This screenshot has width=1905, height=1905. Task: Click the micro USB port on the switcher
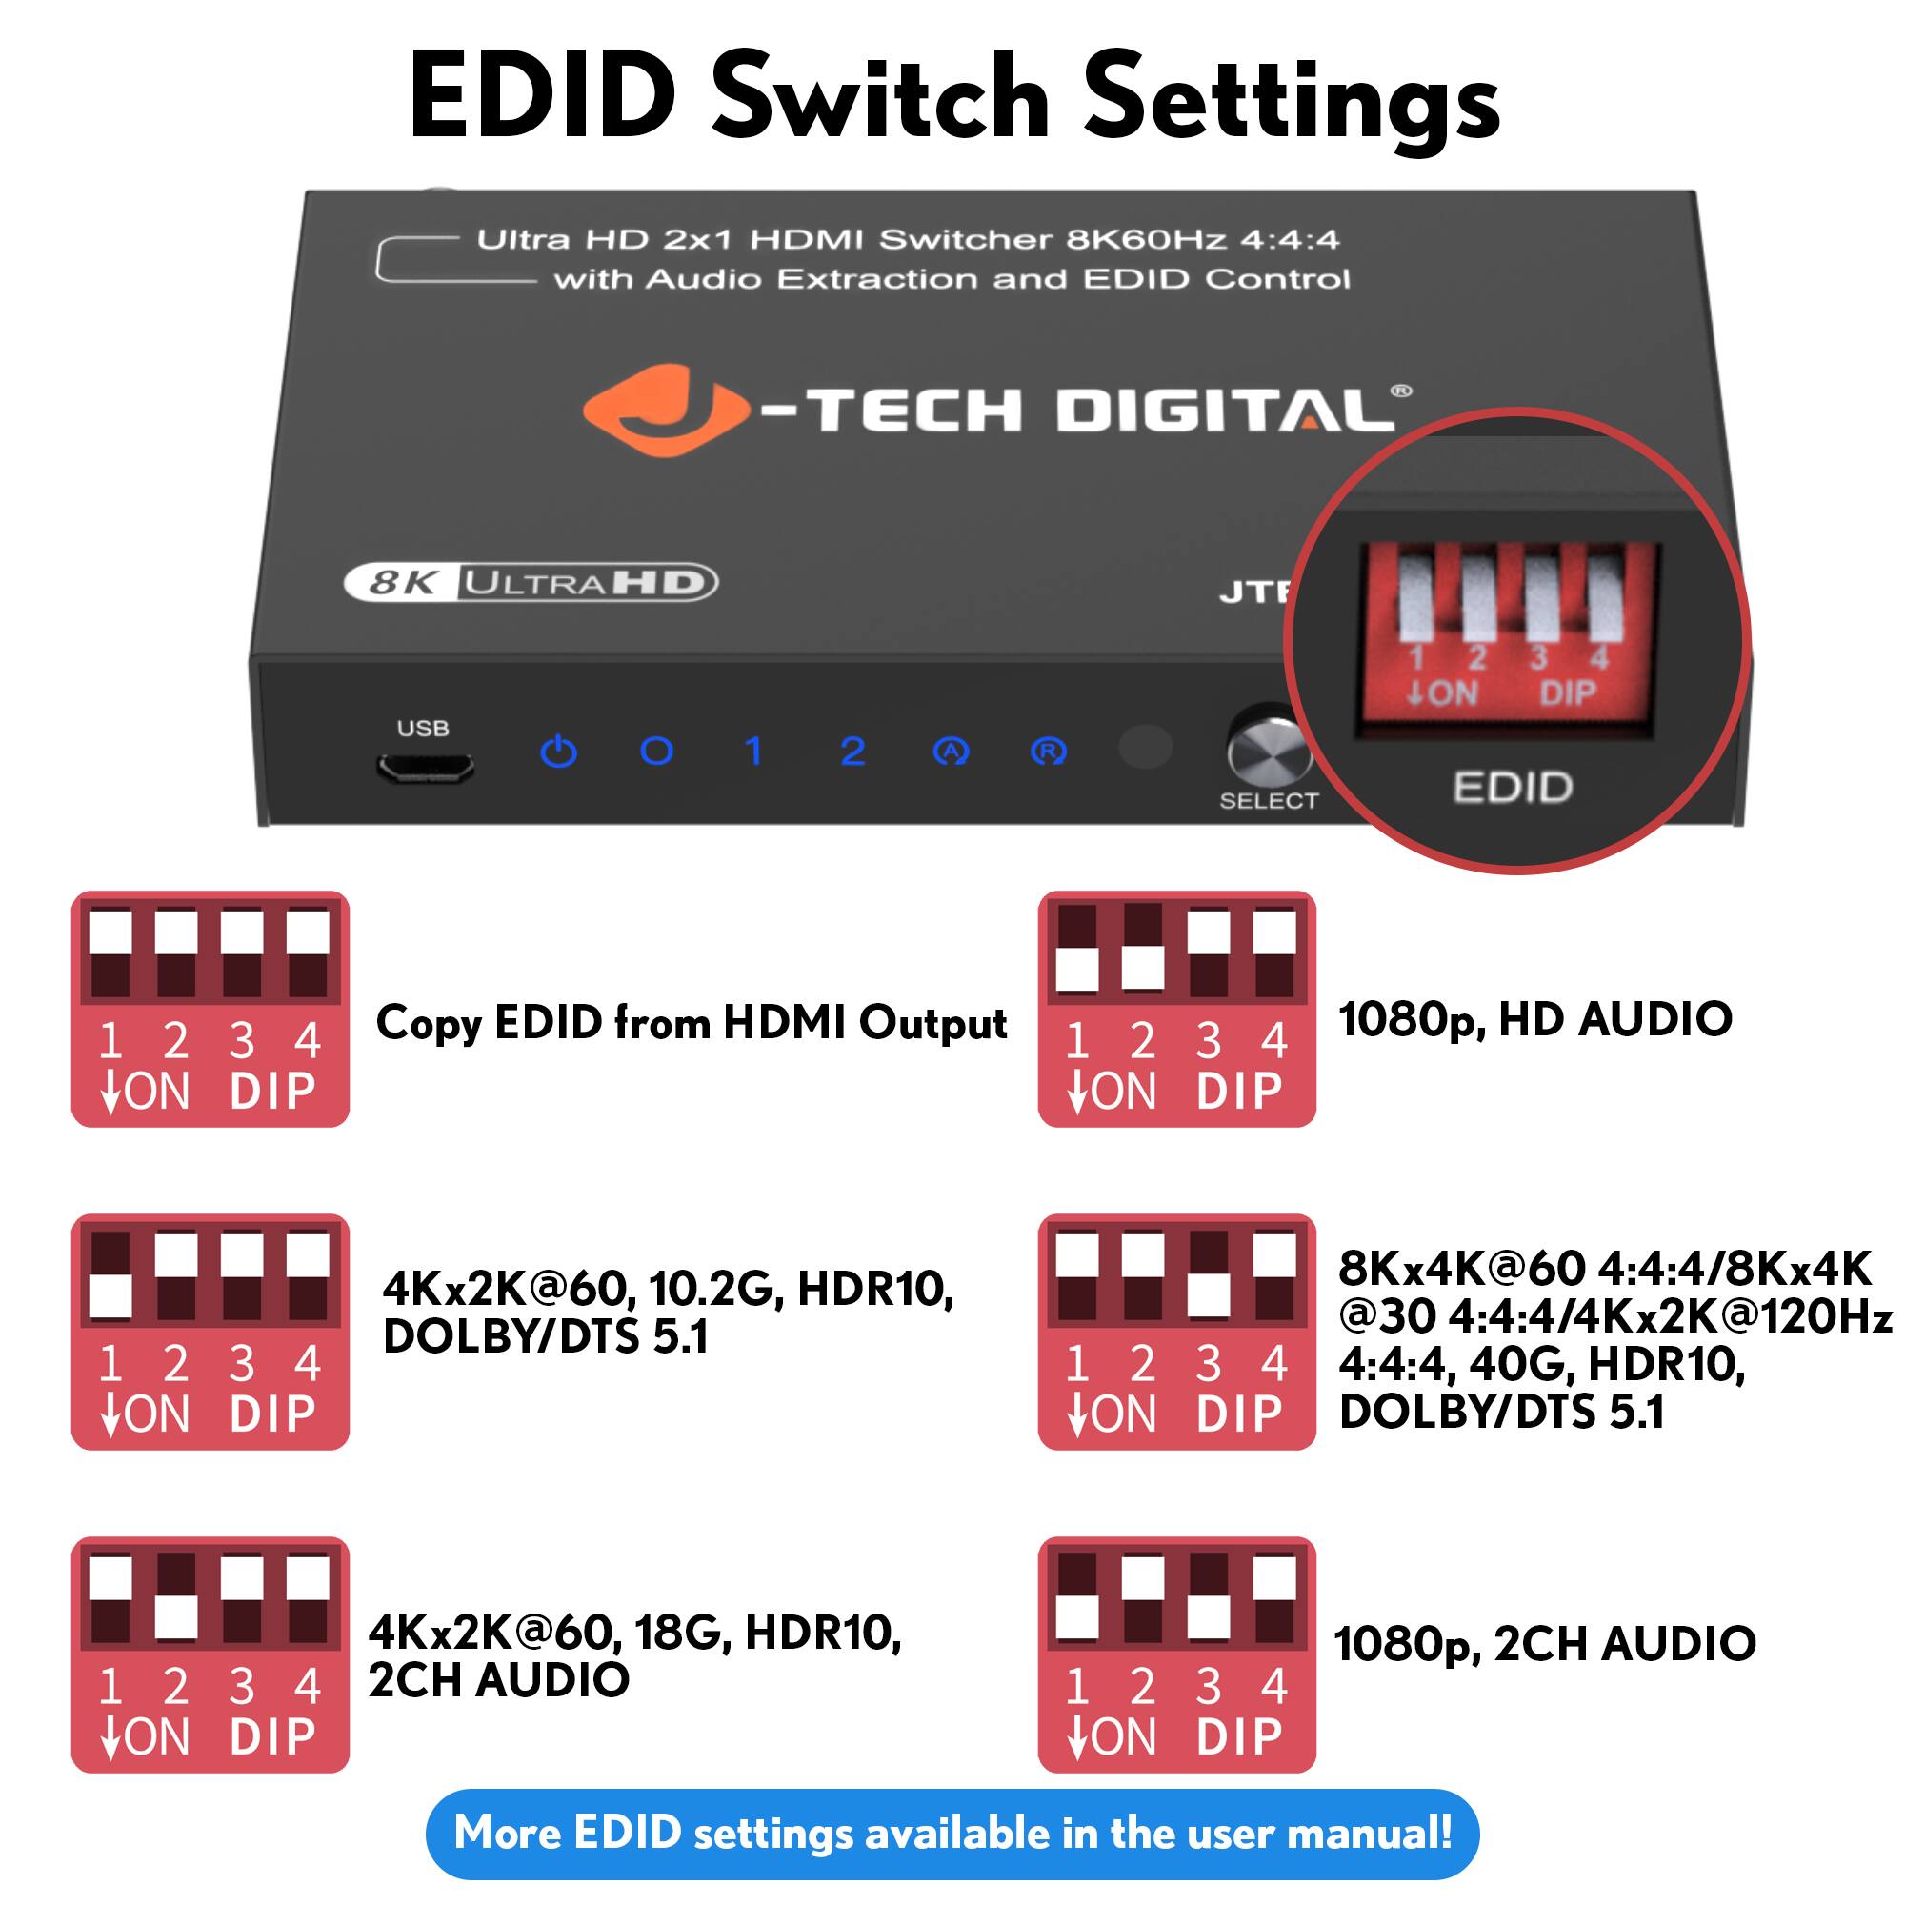click(424, 767)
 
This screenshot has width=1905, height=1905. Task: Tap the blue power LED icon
click(559, 752)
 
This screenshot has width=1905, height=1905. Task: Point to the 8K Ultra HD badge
click(531, 582)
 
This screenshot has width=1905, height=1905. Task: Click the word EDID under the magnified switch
click(1513, 787)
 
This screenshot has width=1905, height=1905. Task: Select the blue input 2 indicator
click(852, 752)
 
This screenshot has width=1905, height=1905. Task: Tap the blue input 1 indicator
click(754, 752)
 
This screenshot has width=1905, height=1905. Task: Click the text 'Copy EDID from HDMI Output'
click(692, 1022)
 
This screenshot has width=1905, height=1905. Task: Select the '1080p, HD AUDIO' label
click(1534, 1019)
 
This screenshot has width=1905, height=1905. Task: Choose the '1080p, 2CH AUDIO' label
click(1544, 1644)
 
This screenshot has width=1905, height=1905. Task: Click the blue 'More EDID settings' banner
click(952, 1833)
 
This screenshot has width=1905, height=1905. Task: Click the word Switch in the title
click(880, 99)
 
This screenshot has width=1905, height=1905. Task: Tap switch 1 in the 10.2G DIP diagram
click(110, 1275)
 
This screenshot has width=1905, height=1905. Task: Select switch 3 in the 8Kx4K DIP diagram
click(1209, 1275)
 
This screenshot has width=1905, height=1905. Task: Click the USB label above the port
click(423, 728)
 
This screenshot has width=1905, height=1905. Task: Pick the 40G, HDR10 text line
click(1543, 1365)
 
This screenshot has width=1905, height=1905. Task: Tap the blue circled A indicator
click(951, 752)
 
